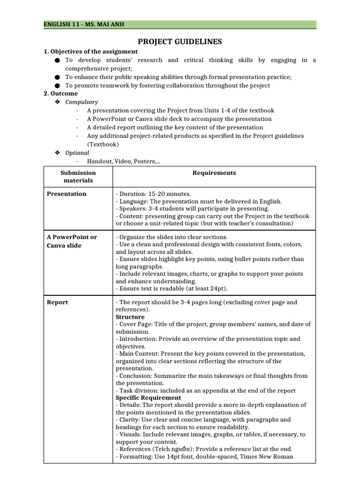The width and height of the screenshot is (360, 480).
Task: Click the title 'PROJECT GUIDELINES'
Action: pyautogui.click(x=180, y=42)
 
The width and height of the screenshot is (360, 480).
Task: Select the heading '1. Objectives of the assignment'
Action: pyautogui.click(x=90, y=52)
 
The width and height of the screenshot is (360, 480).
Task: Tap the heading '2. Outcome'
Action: pyautogui.click(x=61, y=93)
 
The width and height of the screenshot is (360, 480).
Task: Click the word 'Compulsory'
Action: pyautogui.click(x=82, y=102)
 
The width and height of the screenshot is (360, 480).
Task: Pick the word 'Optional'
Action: pyautogui.click(x=77, y=153)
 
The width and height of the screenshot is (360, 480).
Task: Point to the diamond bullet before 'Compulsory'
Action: pyautogui.click(x=57, y=102)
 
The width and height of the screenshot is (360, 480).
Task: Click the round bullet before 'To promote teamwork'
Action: pyautogui.click(x=57, y=85)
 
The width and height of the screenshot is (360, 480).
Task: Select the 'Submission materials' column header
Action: pyautogui.click(x=78, y=177)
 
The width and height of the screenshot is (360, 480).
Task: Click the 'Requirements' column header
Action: pyautogui.click(x=214, y=173)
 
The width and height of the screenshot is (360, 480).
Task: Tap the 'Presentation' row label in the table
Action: pyautogui.click(x=67, y=194)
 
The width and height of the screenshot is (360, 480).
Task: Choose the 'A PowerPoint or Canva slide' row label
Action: pyautogui.click(x=72, y=241)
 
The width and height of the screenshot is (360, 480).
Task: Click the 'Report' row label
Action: pyautogui.click(x=57, y=302)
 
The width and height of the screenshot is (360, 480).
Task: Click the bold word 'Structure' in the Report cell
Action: pyautogui.click(x=130, y=317)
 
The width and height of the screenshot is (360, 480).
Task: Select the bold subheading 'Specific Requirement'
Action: pyautogui.click(x=148, y=398)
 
